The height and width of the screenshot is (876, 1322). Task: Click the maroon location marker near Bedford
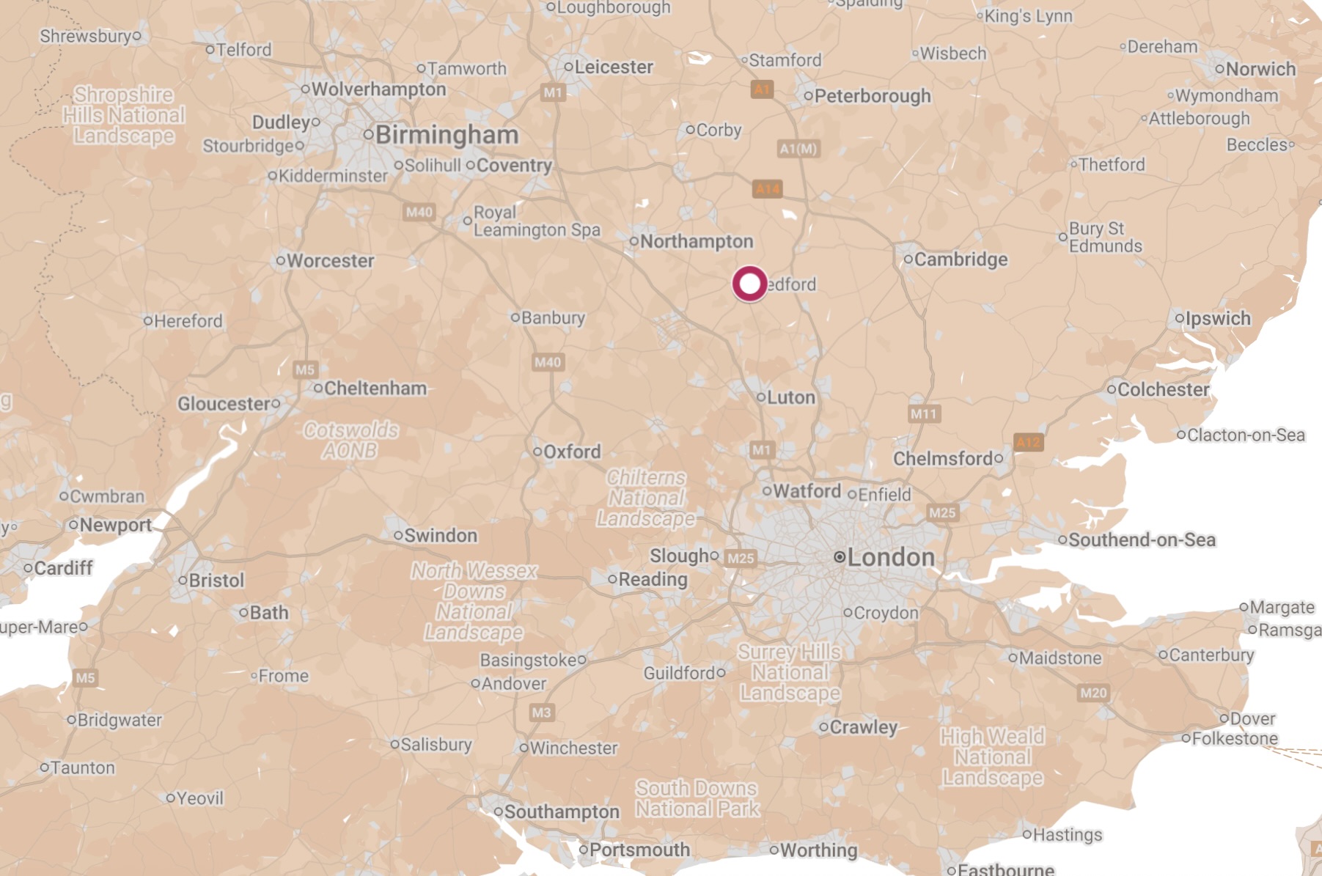coord(749,284)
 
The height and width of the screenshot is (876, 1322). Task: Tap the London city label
coord(890,557)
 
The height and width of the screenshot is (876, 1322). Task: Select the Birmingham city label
coord(447,135)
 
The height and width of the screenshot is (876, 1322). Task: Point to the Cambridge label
coord(961,260)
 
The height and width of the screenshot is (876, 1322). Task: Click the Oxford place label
coord(571,452)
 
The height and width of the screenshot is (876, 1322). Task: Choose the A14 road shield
coord(768,189)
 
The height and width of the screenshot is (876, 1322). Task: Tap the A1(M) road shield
coord(798,149)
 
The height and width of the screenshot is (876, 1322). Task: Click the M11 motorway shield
coord(924,414)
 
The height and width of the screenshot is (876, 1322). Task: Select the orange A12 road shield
coord(1028,442)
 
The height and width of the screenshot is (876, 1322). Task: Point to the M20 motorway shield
coord(1093,693)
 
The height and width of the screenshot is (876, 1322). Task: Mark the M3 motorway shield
coord(541,713)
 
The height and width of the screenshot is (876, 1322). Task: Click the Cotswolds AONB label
coord(350,440)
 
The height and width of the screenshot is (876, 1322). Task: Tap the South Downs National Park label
coord(697,798)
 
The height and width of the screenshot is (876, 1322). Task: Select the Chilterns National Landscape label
coord(646,498)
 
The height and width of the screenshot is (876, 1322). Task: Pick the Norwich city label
coord(1260,69)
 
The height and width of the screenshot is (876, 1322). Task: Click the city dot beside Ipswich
coord(1179,318)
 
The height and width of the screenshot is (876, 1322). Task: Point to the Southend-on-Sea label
coord(1142,540)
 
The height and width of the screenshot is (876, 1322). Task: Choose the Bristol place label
coord(216,581)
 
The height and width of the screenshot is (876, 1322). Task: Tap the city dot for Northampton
coord(634,241)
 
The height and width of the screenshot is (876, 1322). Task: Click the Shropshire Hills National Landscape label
coord(124,115)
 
